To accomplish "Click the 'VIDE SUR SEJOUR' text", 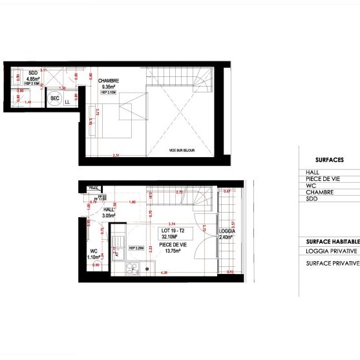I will pyautogui.click(x=182, y=150).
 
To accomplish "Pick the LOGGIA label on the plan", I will pyautogui.click(x=228, y=231).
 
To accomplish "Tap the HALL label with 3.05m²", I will pyautogui.click(x=109, y=211).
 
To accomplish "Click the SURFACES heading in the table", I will pyautogui.click(x=329, y=160).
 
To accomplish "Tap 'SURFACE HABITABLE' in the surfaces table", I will pyautogui.click(x=332, y=241).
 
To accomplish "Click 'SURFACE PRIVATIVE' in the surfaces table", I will pyautogui.click(x=332, y=264).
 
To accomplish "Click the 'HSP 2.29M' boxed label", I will pyautogui.click(x=136, y=248).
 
